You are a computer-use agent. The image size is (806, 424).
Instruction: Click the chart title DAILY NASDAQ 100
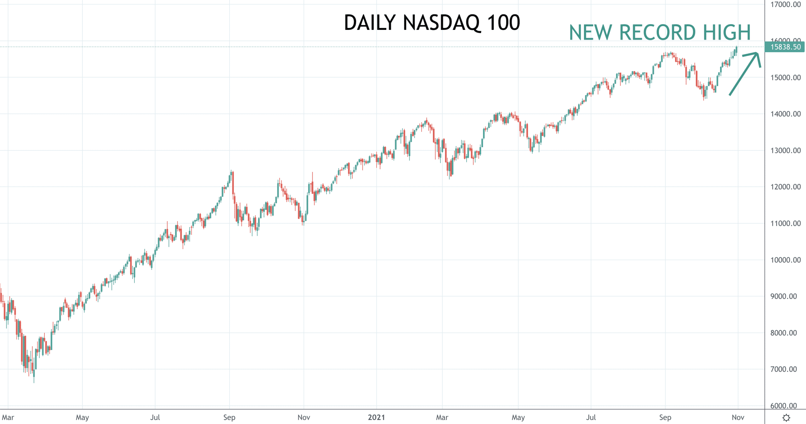(432, 23)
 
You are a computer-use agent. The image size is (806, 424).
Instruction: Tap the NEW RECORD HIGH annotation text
(660, 32)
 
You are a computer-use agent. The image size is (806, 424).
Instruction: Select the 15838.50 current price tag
(785, 47)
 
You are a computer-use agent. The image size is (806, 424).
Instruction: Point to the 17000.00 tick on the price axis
(786, 4)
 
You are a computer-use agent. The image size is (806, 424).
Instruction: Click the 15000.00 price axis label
(786, 77)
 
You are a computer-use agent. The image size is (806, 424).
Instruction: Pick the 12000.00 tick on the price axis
(786, 187)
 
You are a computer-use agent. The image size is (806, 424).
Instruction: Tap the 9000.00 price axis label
(784, 296)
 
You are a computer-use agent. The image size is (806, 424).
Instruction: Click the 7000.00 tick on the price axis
(784, 369)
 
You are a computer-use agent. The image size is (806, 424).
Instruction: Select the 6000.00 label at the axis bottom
(784, 406)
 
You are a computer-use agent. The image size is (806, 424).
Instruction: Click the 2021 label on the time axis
(377, 417)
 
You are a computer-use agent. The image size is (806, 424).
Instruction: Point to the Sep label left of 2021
(229, 418)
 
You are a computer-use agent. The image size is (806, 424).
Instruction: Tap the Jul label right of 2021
(591, 417)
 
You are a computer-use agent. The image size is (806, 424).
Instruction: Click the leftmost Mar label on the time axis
(8, 417)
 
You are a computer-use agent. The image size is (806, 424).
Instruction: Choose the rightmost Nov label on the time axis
(738, 417)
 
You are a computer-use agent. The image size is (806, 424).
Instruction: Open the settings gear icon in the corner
(786, 418)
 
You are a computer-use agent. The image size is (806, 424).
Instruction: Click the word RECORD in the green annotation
(657, 32)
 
